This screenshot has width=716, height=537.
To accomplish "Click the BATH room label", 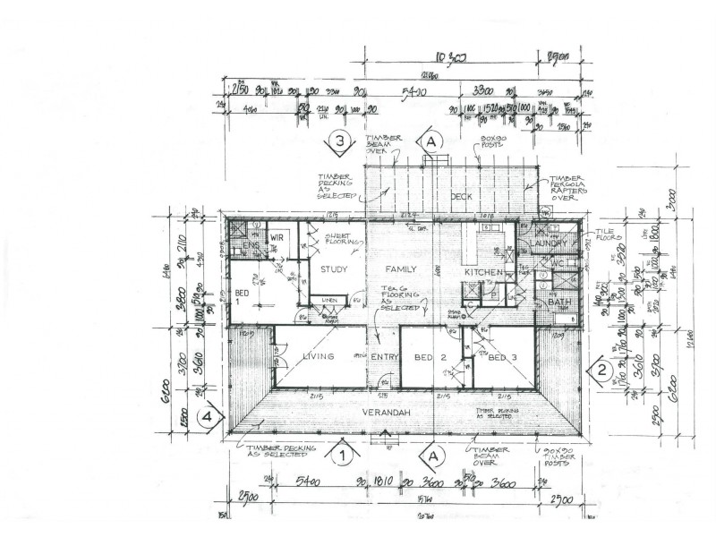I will coord(559,304).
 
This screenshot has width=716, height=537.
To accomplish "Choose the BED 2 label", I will coord(431,357).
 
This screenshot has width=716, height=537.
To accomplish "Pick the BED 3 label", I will coord(504,357).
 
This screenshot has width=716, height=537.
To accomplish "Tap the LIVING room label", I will coord(318,356).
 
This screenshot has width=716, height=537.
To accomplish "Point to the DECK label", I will coord(460,196).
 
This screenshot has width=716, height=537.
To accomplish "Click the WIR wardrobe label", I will coord(277,237).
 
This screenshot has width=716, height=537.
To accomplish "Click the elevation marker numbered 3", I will coord(339,141).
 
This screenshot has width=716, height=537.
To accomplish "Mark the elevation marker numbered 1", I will coord(341,455).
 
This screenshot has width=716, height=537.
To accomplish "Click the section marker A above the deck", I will coord(431,141).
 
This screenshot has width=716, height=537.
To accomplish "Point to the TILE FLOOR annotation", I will coord(609,236).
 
